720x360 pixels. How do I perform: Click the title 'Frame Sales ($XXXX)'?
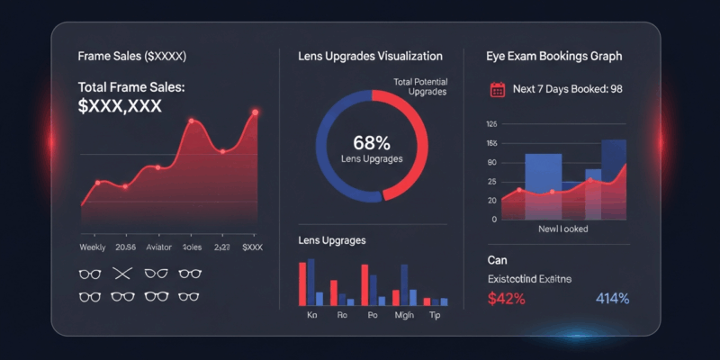click(131, 56)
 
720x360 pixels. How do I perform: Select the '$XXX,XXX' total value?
click(120, 105)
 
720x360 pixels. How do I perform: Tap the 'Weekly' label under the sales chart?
click(93, 247)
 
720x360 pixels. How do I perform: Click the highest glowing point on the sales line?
click(256, 112)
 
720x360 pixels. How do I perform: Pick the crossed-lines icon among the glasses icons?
click(122, 273)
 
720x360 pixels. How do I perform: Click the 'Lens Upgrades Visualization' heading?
click(370, 56)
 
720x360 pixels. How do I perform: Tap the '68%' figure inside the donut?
click(372, 142)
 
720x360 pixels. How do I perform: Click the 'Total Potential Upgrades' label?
click(420, 87)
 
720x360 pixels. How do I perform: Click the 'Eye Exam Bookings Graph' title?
click(553, 56)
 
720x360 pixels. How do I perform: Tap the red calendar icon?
click(497, 89)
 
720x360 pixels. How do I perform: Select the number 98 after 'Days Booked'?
click(616, 89)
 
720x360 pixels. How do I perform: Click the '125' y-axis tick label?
click(490, 124)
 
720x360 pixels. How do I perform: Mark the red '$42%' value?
click(506, 299)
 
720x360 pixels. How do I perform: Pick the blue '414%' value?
click(612, 299)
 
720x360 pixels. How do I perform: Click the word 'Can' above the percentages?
click(497, 259)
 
